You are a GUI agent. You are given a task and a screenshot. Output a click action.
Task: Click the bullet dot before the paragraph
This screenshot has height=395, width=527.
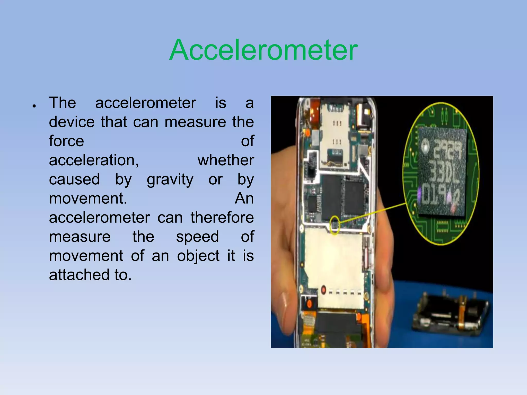click(x=34, y=106)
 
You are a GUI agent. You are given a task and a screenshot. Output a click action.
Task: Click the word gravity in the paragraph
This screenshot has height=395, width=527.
click(x=170, y=179)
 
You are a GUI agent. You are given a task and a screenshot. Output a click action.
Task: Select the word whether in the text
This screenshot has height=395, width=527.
click(x=226, y=160)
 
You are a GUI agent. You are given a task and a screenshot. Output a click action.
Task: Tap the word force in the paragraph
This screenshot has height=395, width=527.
click(x=66, y=141)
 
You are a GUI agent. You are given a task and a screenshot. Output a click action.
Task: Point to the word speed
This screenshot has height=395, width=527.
click(x=197, y=237)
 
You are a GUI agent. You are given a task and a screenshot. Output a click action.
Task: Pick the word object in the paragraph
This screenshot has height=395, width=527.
click(x=198, y=256)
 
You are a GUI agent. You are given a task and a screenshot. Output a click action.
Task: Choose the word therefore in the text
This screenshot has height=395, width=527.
click(x=222, y=218)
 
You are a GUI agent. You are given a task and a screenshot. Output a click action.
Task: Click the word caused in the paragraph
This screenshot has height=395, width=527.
click(x=74, y=179)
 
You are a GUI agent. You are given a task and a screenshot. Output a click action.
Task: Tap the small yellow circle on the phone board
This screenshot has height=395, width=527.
click(x=335, y=225)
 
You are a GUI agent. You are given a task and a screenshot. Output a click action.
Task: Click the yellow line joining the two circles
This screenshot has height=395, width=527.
click(x=373, y=213)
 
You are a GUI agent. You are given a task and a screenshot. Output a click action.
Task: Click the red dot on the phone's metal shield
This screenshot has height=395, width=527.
click(x=323, y=290)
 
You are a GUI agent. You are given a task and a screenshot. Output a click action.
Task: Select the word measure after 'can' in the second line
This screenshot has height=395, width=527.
click(x=197, y=122)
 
